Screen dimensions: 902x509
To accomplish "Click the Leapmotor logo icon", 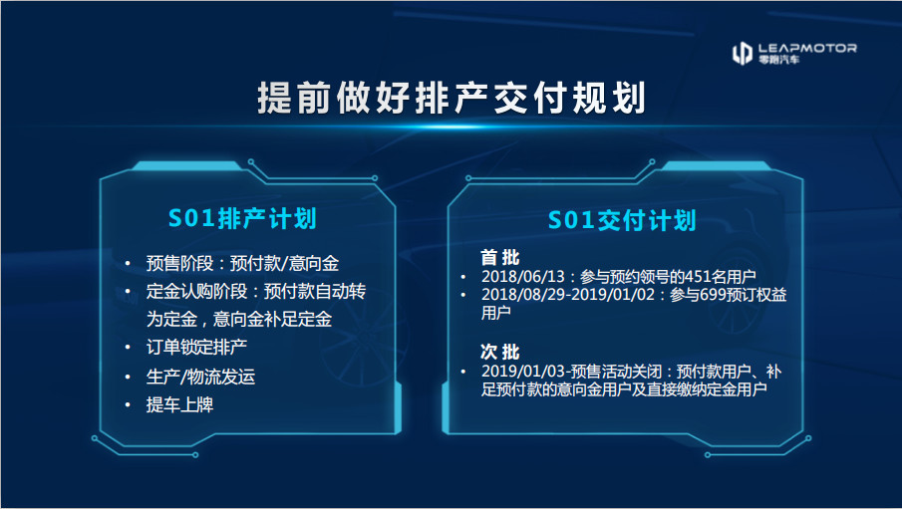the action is click(x=743, y=53).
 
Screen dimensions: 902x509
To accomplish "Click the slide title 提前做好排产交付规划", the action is click(x=451, y=98).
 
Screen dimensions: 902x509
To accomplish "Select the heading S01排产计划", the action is click(x=242, y=218).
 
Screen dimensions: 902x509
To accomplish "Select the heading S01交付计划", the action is click(x=622, y=220).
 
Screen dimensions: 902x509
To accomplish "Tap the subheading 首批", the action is click(x=500, y=257).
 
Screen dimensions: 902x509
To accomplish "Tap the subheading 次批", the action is click(x=500, y=352).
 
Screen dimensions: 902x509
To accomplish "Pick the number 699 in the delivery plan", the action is click(x=697, y=295).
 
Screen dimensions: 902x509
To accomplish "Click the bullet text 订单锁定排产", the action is click(x=196, y=347).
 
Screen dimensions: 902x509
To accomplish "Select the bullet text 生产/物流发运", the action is click(x=200, y=377).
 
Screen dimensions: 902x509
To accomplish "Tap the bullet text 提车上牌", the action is click(x=179, y=404).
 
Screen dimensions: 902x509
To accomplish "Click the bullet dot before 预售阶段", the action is click(x=128, y=264).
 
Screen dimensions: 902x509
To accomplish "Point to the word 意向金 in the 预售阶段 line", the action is click(x=314, y=263).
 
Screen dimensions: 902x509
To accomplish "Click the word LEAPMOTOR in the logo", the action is click(x=807, y=48).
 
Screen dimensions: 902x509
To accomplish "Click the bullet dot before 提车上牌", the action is click(x=128, y=405).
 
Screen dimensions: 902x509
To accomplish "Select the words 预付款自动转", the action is click(x=315, y=292).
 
